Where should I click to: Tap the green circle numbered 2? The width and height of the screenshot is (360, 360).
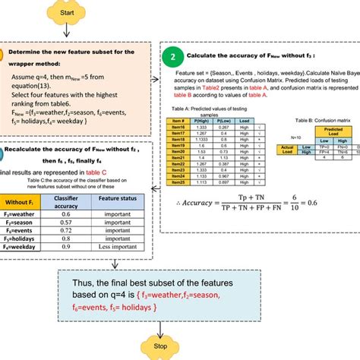tap(174, 56)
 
